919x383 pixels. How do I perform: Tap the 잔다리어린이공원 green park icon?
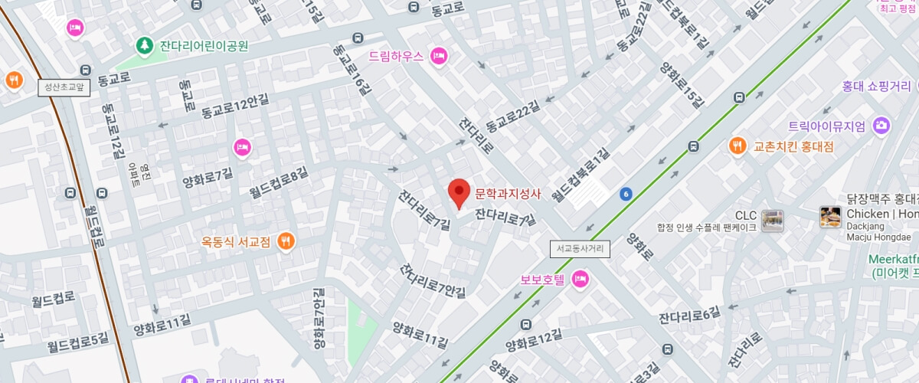click(144, 47)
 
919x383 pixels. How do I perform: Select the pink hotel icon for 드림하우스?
click(439, 56)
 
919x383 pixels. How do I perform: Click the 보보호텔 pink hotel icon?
click(580, 279)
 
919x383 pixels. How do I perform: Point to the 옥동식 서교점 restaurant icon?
click(286, 241)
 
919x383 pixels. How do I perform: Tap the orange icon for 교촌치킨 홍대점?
click(737, 146)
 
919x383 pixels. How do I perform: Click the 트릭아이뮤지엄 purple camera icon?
click(881, 126)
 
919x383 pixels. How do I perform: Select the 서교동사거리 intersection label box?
click(580, 249)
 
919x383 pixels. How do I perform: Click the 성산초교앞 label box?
click(64, 87)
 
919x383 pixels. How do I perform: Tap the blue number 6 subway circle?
click(626, 194)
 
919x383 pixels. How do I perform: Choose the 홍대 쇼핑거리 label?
click(876, 86)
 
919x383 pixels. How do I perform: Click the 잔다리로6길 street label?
click(689, 314)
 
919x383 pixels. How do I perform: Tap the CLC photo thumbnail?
click(772, 221)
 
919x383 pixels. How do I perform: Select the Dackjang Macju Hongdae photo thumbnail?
click(830, 217)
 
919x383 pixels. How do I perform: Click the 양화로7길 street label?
click(207, 179)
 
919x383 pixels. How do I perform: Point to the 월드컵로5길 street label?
click(78, 343)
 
